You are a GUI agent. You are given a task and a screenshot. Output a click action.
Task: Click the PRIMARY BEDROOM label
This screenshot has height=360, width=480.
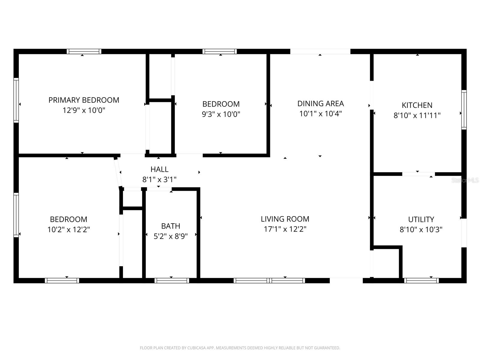pyautogui.click(x=84, y=100)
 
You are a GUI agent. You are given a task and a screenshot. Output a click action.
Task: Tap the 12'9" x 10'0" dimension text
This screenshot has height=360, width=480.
pyautogui.click(x=84, y=110)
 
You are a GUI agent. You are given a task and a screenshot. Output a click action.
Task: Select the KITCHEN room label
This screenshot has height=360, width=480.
pyautogui.click(x=417, y=105)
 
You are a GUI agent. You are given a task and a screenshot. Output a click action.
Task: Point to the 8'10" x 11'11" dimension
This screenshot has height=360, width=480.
pyautogui.click(x=417, y=115)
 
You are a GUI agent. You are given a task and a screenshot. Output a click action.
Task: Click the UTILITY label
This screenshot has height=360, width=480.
pyautogui.click(x=421, y=219)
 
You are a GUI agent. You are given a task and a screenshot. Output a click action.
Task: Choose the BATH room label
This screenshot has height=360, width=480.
pyautogui.click(x=171, y=226)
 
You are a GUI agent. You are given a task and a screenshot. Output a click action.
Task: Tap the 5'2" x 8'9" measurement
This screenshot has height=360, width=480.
pyautogui.click(x=171, y=236)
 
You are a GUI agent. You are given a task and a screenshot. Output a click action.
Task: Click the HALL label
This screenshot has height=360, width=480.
pyautogui.click(x=159, y=169)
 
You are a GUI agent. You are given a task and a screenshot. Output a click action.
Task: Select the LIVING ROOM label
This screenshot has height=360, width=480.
pyautogui.click(x=285, y=219)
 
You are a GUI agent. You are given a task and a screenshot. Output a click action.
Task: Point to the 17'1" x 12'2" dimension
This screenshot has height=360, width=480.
pyautogui.click(x=285, y=229)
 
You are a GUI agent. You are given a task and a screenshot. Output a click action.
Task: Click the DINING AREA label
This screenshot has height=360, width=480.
pyautogui.click(x=320, y=103)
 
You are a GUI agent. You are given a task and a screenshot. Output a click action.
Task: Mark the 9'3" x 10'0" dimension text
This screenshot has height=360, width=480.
pyautogui.click(x=221, y=114)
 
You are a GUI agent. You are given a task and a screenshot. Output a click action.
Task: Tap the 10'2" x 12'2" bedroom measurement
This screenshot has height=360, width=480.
pyautogui.click(x=69, y=229)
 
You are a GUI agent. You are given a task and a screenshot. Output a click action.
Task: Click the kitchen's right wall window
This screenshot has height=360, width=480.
pyautogui.click(x=464, y=109)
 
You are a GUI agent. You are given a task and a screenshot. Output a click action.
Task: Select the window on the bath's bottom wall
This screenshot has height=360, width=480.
pyautogui.click(x=172, y=280)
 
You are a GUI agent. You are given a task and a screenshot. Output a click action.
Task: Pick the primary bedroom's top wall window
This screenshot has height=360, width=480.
pyautogui.click(x=84, y=51)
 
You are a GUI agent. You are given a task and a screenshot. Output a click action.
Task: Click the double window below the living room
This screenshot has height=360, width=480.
pyautogui.click(x=269, y=280)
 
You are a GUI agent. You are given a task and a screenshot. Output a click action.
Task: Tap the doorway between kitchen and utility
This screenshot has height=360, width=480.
pyautogui.click(x=418, y=174)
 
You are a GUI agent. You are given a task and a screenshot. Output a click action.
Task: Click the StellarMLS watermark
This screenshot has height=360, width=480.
pyautogui.click(x=465, y=180)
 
